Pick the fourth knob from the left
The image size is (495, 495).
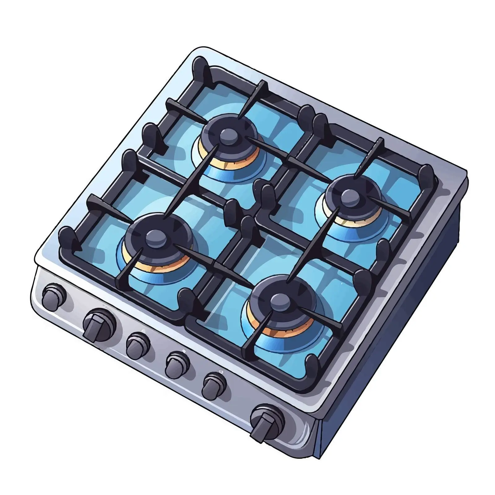click(x=177, y=364)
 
